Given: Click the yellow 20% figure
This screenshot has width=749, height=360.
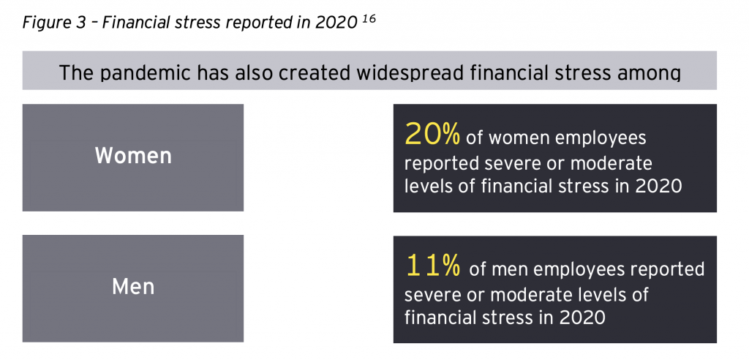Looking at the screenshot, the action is pos(432,135).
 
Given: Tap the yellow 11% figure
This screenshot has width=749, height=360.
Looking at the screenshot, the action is pos(433,266).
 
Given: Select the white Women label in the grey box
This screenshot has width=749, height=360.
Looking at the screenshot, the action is pos(133,156).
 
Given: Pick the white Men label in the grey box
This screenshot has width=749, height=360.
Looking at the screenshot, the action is pos(133,287).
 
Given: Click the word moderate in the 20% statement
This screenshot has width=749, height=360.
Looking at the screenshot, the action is pos(611,163).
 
